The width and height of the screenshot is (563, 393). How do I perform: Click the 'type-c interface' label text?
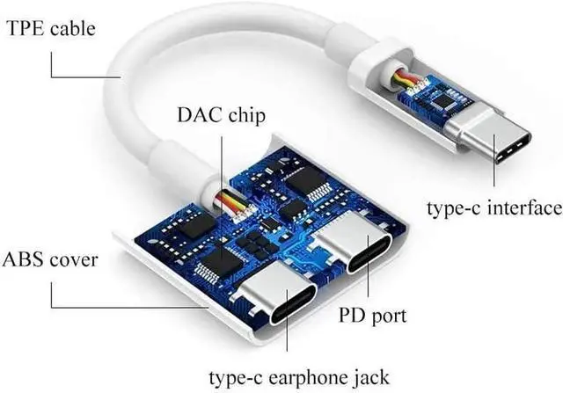coord(494,208)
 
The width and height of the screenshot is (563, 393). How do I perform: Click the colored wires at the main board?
coord(232,204)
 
